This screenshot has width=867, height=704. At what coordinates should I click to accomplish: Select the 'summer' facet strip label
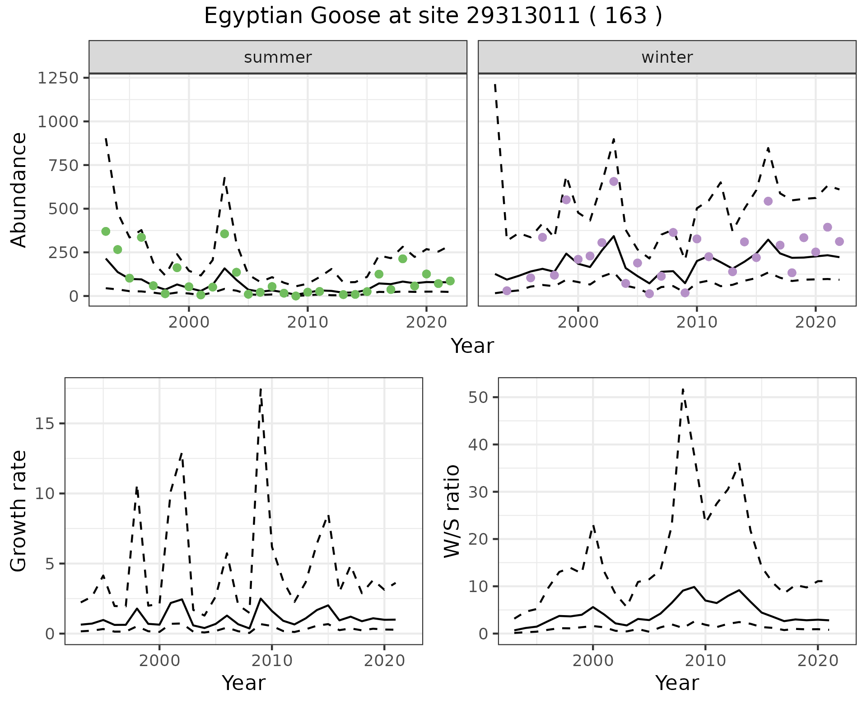pyautogui.click(x=278, y=57)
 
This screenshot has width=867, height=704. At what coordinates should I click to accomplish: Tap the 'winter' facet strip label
pyautogui.click(x=667, y=57)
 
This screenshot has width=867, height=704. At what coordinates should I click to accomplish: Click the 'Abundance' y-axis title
pyautogui.click(x=19, y=190)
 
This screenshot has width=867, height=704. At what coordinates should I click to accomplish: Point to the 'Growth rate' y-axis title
pyautogui.click(x=19, y=511)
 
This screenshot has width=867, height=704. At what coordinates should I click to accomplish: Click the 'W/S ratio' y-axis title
pyautogui.click(x=452, y=511)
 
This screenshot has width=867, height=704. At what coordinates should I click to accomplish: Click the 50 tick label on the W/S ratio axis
pyautogui.click(x=479, y=398)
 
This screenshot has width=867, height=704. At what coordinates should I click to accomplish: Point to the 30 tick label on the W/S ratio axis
pyautogui.click(x=479, y=492)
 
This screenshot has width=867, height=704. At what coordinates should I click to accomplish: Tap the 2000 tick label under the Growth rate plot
pyautogui.click(x=159, y=661)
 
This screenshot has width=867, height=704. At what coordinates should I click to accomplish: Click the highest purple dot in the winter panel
pyautogui.click(x=614, y=181)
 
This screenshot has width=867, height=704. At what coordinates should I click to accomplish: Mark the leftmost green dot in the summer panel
pyautogui.click(x=106, y=232)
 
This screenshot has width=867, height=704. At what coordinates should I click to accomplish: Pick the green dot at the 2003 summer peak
pyautogui.click(x=224, y=234)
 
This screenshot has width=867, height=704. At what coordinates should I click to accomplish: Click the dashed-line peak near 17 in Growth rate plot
pyautogui.click(x=261, y=389)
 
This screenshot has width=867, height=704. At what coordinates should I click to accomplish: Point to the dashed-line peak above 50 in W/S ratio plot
pyautogui.click(x=683, y=389)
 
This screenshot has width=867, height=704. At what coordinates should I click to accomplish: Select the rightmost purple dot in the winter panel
pyautogui.click(x=839, y=241)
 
